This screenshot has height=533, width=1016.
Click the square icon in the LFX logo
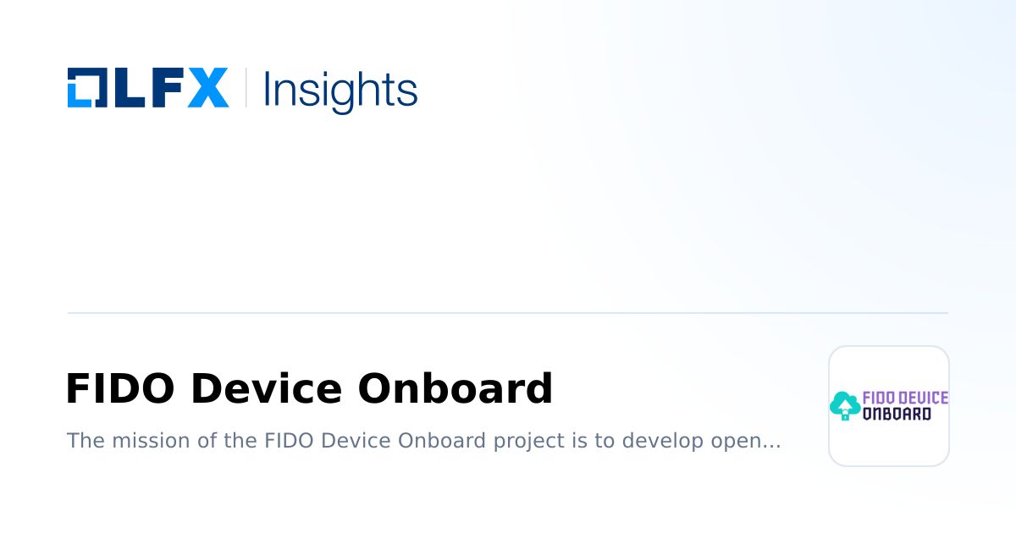(85, 87)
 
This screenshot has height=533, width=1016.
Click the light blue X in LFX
(207, 87)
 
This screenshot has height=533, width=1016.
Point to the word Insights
(340, 89)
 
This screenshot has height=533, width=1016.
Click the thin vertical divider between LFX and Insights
(246, 87)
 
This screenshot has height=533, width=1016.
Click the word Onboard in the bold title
(455, 389)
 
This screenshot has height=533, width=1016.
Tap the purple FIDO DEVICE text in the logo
(905, 398)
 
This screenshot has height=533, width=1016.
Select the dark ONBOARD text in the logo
(897, 414)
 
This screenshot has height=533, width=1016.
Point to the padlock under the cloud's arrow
(845, 415)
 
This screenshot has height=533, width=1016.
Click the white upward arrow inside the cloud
(845, 403)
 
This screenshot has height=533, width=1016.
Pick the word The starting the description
(82, 441)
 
